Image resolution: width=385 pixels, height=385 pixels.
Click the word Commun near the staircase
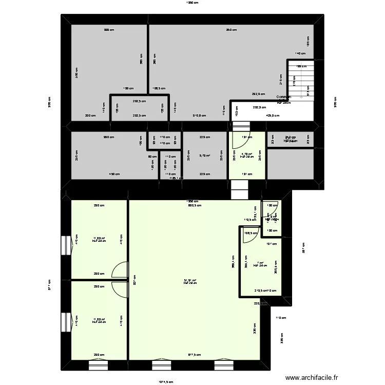click(283, 97)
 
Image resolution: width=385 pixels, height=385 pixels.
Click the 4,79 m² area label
click(247, 154)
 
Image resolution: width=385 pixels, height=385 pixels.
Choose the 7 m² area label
click(260, 263)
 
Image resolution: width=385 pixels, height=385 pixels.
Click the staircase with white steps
click(300, 80)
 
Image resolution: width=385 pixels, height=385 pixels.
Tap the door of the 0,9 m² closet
click(271, 207)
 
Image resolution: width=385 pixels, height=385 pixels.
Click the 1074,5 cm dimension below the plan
click(166, 381)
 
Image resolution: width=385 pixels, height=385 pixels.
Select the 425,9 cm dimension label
click(273, 116)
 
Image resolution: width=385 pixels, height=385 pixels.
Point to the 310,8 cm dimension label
click(199, 116)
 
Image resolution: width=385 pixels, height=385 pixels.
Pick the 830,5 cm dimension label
click(195, 206)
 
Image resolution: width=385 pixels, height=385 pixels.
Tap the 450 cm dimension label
click(114, 174)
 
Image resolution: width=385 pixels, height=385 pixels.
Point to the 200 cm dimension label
click(90, 116)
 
